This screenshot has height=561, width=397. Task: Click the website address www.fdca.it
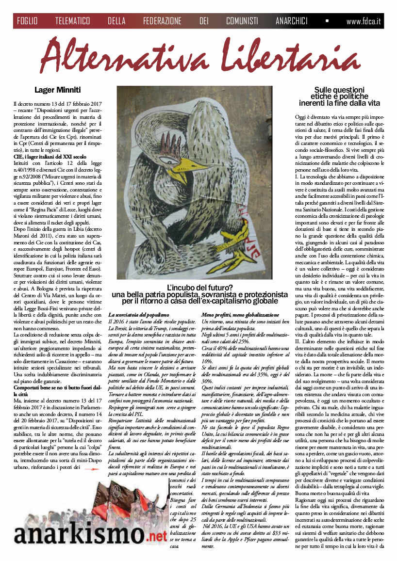[x=363, y=21]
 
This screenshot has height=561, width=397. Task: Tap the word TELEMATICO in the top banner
[x=72, y=21]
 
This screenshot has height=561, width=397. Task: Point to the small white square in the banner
[x=327, y=21]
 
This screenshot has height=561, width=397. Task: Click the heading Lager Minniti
[x=57, y=89]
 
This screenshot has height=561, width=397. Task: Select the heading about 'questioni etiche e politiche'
[x=339, y=96]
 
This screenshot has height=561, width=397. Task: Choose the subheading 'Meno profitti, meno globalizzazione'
[x=240, y=315]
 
